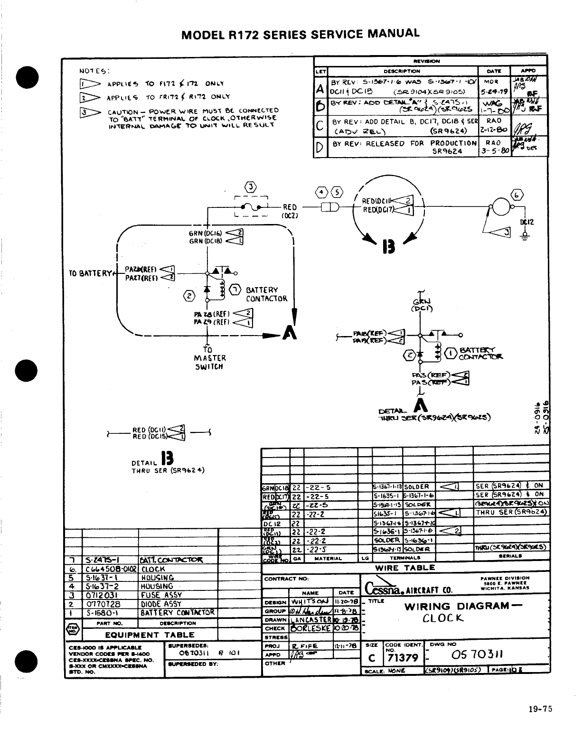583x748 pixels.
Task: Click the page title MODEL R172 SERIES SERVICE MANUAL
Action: (301, 34)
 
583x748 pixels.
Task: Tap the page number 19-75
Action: (540, 710)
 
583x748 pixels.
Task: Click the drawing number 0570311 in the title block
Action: (475, 656)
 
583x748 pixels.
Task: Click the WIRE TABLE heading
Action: (405, 568)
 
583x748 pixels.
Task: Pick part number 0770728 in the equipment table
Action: (102, 604)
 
